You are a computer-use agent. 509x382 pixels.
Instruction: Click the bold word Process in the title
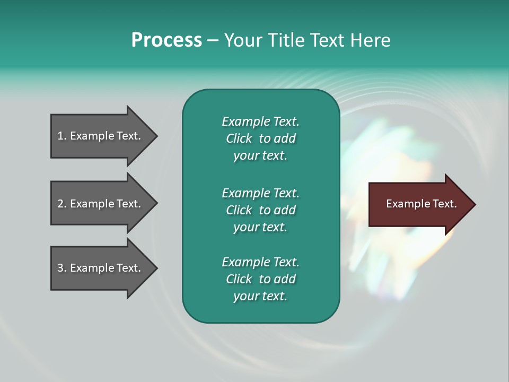click(166, 40)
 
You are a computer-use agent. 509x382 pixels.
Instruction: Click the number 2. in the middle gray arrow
click(62, 204)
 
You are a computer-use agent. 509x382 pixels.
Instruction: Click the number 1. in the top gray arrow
click(62, 136)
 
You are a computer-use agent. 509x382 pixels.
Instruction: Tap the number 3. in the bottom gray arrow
click(62, 268)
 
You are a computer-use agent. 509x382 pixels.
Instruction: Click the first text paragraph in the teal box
click(260, 138)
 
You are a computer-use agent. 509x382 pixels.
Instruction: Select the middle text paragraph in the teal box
click(260, 210)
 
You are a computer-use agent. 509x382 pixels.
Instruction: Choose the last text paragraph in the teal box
click(260, 279)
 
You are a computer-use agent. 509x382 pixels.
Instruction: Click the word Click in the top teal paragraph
click(239, 138)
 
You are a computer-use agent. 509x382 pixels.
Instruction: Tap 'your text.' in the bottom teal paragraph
click(260, 296)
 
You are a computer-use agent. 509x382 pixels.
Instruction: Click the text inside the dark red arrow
click(421, 204)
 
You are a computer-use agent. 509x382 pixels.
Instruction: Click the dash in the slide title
click(213, 40)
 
